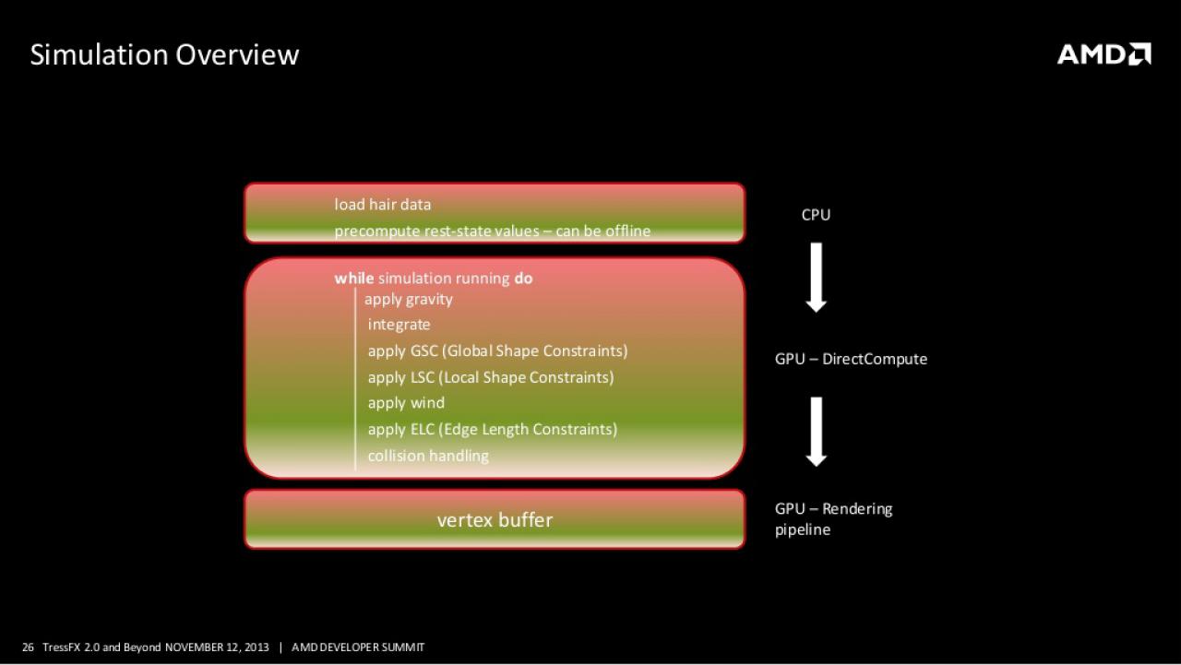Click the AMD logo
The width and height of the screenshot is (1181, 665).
coord(1104,54)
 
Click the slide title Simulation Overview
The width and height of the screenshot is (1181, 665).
coord(164,54)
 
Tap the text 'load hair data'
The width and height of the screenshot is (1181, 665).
coord(383,205)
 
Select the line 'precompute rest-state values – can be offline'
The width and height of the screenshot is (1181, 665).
coord(493,231)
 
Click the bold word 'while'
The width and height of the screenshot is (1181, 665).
coord(354,279)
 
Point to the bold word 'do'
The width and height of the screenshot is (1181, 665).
coord(523,279)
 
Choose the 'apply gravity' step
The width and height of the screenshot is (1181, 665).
coord(409,300)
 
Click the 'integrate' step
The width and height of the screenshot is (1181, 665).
coord(400,325)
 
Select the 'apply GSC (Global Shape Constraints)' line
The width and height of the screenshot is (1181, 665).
coord(497,350)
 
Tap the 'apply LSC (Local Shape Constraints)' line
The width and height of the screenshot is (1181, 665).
coord(491,377)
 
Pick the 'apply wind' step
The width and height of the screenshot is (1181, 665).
coord(406,403)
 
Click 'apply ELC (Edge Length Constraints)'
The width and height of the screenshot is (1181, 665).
coord(493,430)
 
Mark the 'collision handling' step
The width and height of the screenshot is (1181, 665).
coord(428,456)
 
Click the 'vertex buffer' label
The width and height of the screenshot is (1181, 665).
coord(495,520)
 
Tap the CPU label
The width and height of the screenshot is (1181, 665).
coord(816,215)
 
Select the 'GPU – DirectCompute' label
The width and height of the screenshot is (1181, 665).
coord(851,359)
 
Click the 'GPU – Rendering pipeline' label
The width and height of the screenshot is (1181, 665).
coord(833,519)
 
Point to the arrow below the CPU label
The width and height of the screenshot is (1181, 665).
coord(817,278)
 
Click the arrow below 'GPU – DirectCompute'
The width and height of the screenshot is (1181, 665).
coord(817,432)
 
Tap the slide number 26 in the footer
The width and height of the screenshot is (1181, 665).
coord(28,647)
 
